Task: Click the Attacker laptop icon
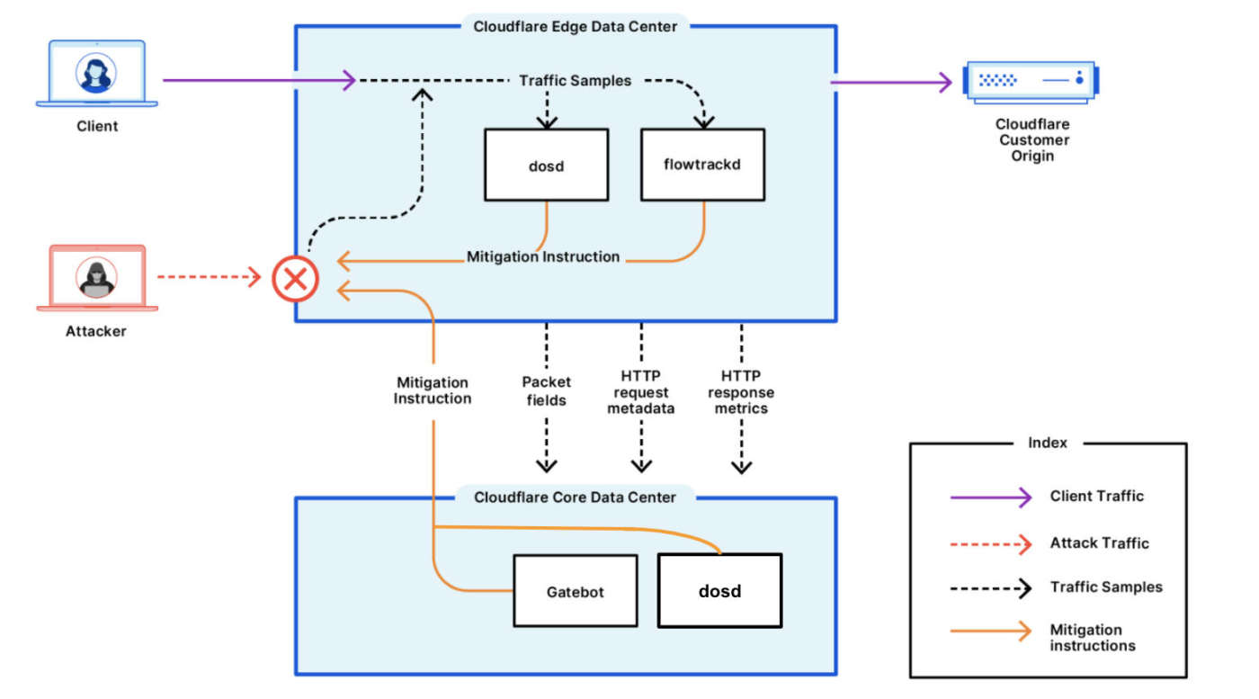point(97,278)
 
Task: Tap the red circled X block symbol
point(295,279)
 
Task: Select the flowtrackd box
point(702,165)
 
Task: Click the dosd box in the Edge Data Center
point(546,165)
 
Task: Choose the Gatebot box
point(575,591)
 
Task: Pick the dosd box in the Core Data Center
point(719,591)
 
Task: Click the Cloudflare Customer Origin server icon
point(1031,80)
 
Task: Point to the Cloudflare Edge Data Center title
point(576,26)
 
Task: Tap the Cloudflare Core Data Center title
point(575,497)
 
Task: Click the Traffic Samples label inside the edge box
point(576,81)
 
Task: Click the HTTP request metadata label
point(641,392)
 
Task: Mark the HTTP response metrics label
point(741,392)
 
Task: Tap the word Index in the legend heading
point(1048,443)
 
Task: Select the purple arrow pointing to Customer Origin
point(890,83)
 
